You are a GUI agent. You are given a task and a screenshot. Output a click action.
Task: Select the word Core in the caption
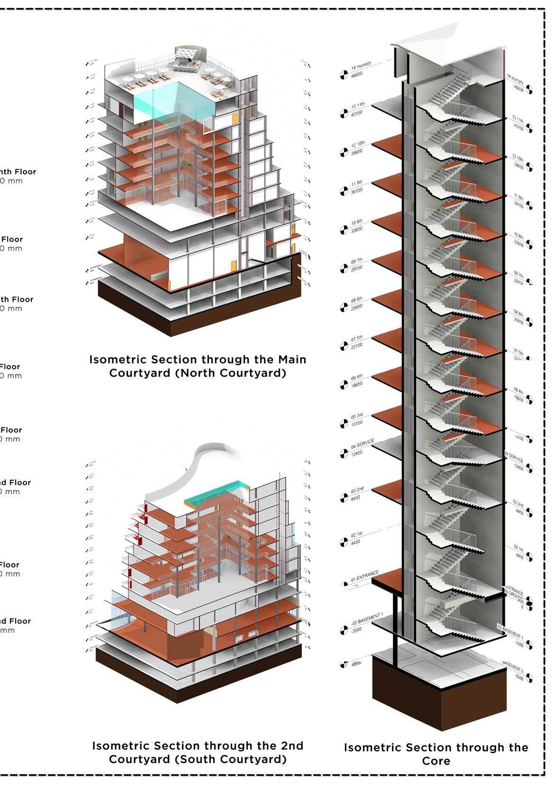click(436, 761)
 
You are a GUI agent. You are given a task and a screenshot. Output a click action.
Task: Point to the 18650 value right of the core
click(519, 400)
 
